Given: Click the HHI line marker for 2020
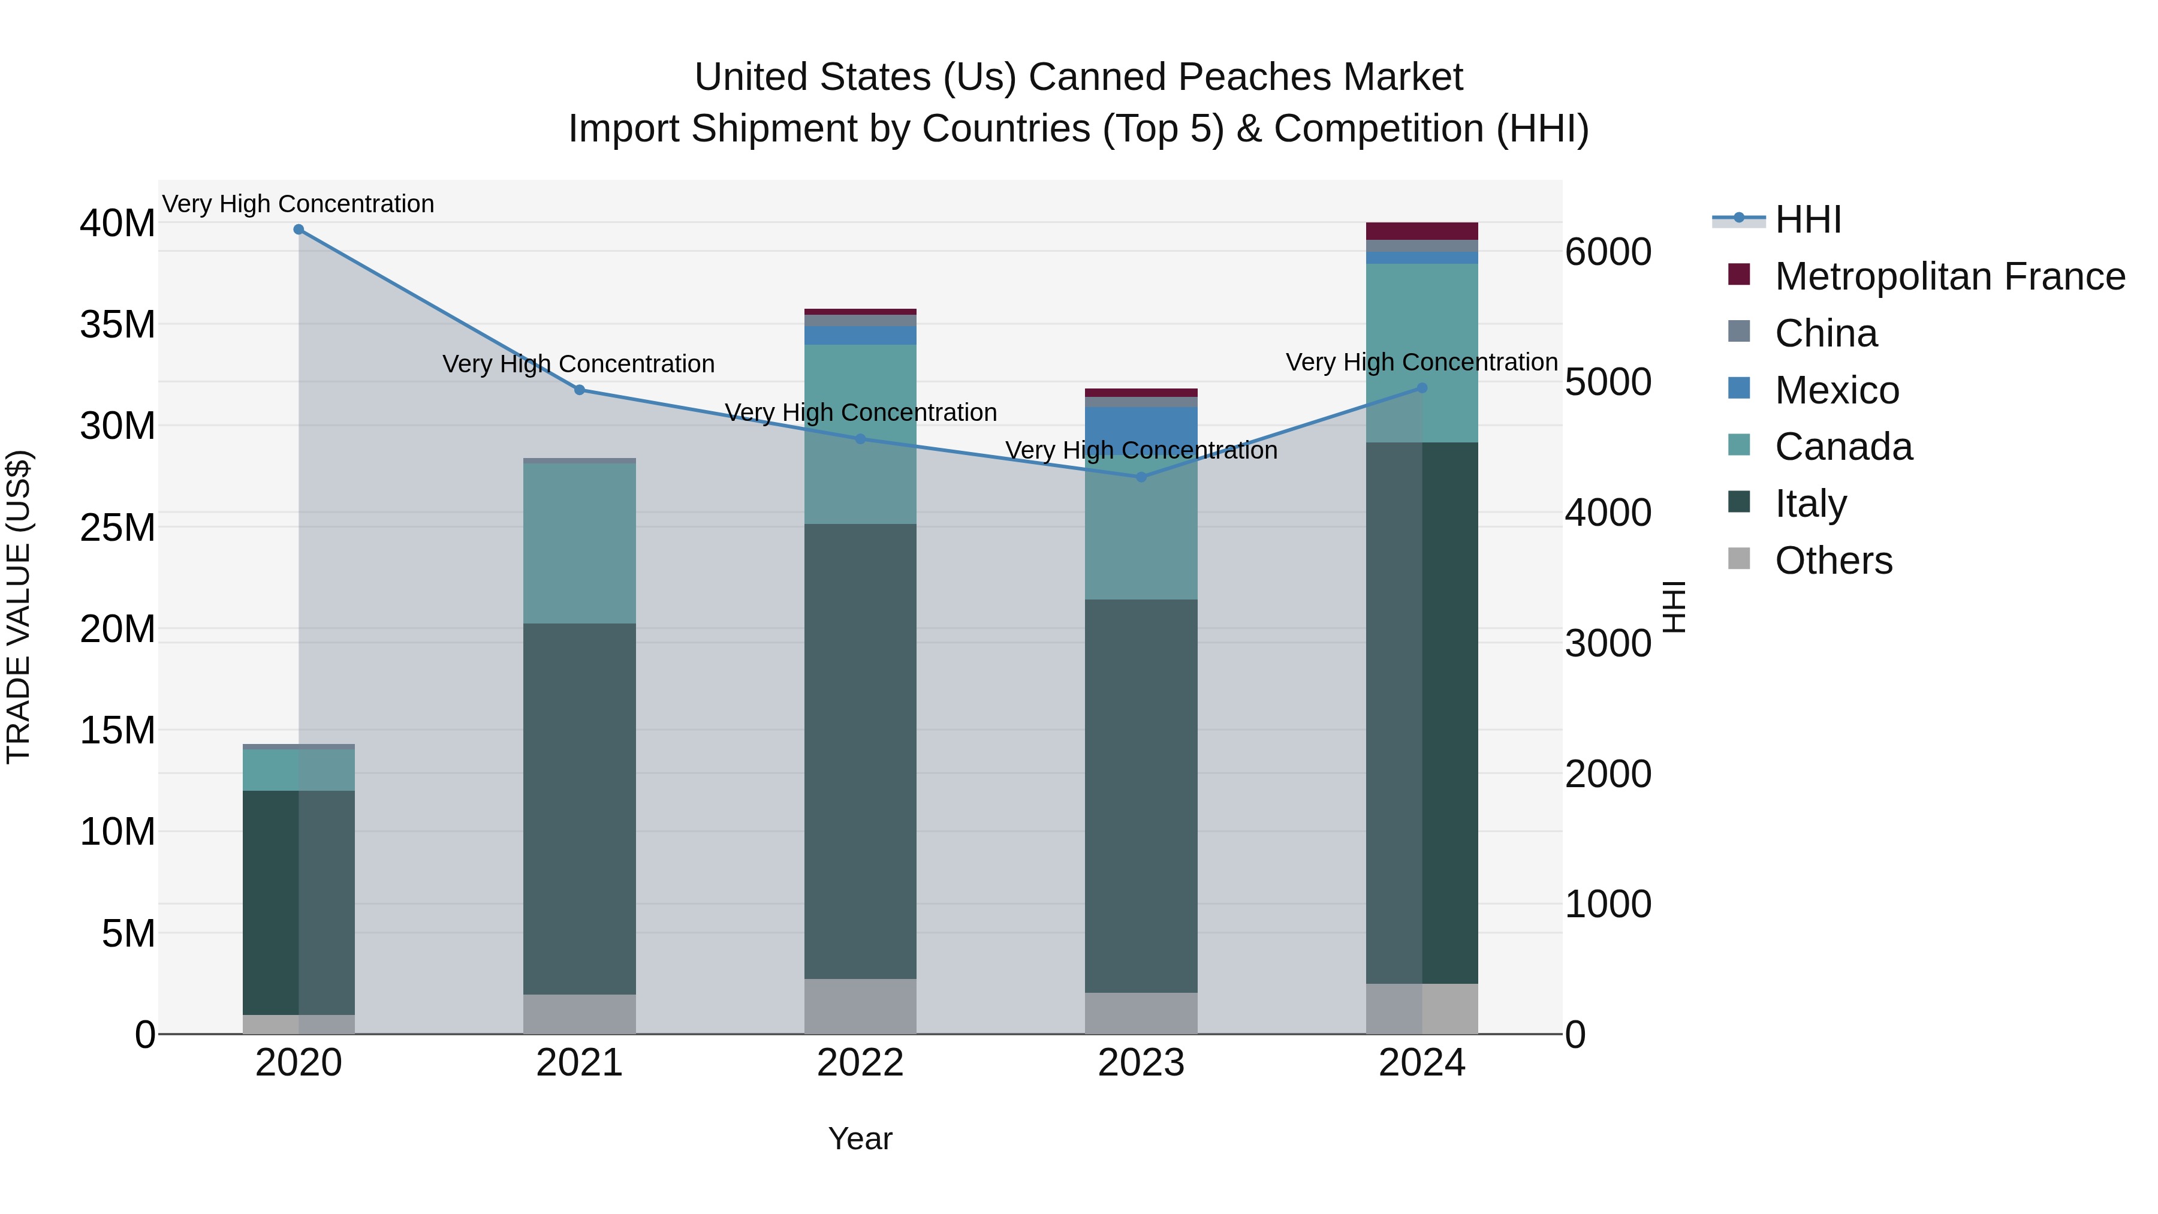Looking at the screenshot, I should click(299, 230).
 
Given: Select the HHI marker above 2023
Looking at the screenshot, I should click(1141, 477).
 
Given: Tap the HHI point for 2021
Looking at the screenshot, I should click(579, 390).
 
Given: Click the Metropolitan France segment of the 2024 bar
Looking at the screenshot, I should click(1422, 231).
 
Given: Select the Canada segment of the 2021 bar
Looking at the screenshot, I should click(579, 543).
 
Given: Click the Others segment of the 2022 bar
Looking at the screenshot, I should click(860, 1006).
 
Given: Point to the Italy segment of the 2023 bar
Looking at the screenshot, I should click(1141, 796).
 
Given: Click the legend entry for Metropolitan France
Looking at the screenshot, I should click(1949, 276).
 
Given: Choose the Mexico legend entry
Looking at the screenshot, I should click(1836, 390).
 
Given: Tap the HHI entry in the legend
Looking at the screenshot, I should click(1808, 219).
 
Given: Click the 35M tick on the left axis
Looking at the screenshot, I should click(117, 325).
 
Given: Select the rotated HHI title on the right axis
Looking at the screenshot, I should click(1673, 607).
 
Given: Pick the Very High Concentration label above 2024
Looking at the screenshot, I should click(1422, 362).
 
